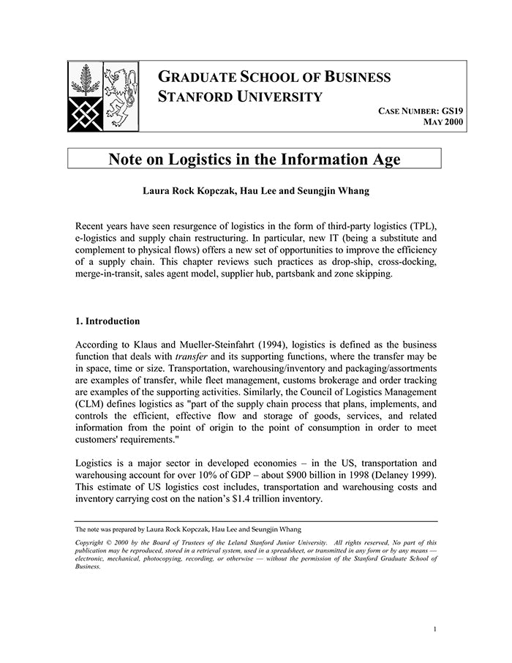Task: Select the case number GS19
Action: tap(453, 111)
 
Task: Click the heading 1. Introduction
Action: tap(108, 321)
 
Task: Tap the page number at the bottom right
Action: tap(434, 629)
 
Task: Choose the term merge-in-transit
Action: tap(110, 274)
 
